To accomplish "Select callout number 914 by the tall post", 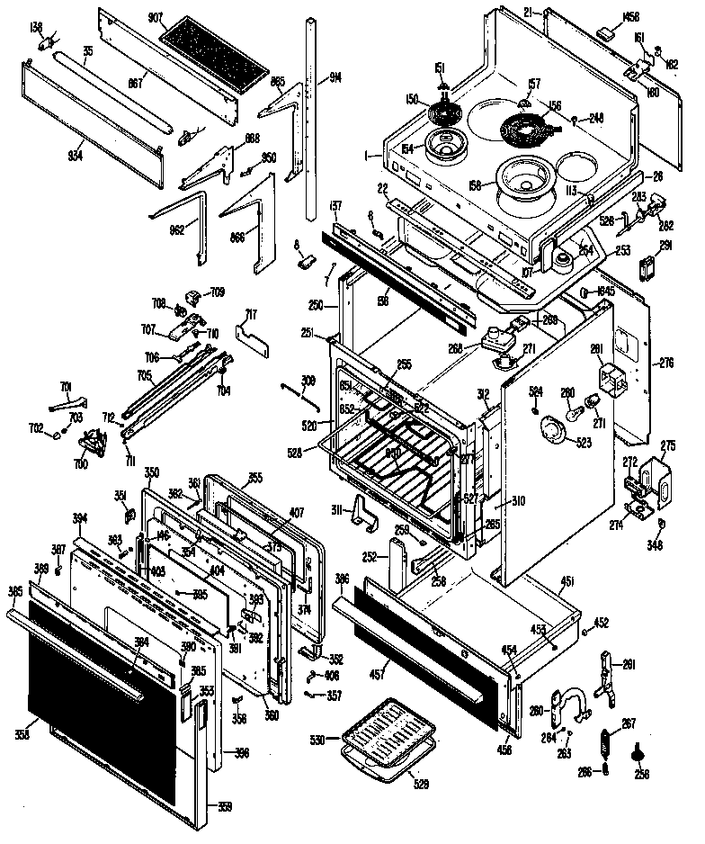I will coord(311,76).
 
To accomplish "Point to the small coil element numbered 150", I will coord(442,114).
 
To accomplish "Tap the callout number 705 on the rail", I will coord(144,377).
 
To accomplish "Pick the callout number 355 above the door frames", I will coord(255,478).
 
